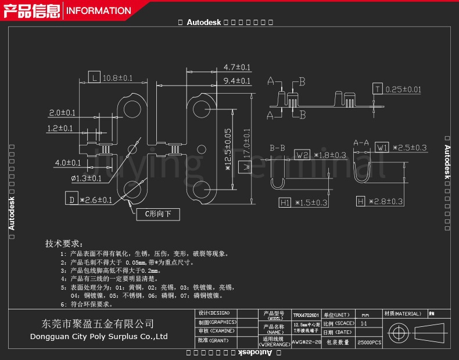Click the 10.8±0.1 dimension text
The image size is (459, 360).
tap(118, 78)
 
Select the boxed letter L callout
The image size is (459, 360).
tap(94, 77)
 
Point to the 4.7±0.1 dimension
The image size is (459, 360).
tap(237, 67)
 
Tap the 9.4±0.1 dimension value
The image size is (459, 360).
tap(237, 81)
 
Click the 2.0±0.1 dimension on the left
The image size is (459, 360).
tap(62, 112)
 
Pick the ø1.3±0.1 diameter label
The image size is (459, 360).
tap(86, 178)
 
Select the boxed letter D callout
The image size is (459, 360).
tap(71, 200)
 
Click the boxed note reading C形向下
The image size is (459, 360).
tap(158, 214)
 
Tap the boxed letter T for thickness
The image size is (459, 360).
tap(378, 89)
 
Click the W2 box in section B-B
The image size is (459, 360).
tap(302, 155)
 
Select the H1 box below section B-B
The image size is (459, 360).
tap(285, 202)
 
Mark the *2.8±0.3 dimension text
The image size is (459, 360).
tap(386, 201)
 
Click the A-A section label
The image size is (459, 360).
tap(361, 142)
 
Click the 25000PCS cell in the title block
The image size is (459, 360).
tap(369, 343)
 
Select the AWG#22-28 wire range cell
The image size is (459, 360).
tap(306, 342)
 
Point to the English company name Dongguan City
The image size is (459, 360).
tap(99, 336)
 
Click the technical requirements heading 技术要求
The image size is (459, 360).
tap(64, 243)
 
